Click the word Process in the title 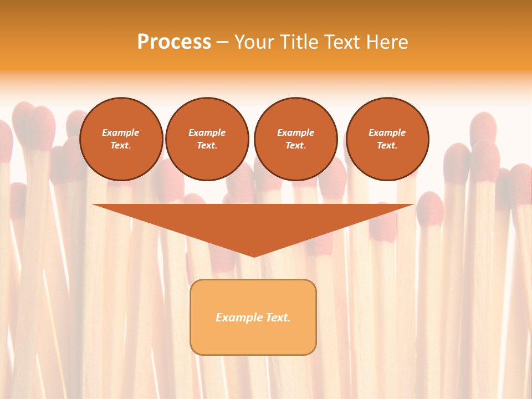[174, 42]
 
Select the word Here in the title [386, 42]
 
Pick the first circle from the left [121, 139]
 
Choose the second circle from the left [207, 139]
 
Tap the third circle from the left [295, 139]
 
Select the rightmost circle [387, 139]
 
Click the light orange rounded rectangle [253, 338]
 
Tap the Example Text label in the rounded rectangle [253, 318]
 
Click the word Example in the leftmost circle [121, 132]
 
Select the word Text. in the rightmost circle [387, 146]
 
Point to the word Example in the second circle [207, 132]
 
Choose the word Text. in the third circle [295, 146]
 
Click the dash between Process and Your [222, 42]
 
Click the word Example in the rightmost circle [387, 132]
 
